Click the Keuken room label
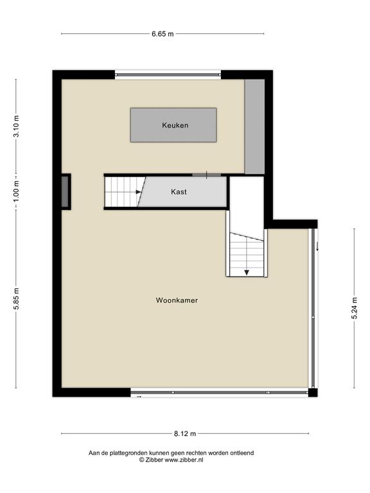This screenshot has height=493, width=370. pos(175,125)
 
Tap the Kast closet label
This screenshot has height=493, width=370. pos(179,192)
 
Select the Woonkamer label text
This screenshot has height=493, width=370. pos(177,300)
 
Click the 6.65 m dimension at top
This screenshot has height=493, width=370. pos(163,34)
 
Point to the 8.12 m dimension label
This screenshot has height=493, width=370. pos(185,434)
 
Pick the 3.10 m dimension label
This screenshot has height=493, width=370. pos(16,126)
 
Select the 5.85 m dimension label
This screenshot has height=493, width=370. pos(16,298)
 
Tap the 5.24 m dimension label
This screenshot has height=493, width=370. pos(355,308)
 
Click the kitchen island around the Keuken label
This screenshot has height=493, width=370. pos(173,125)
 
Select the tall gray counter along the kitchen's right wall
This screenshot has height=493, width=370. pos(254,126)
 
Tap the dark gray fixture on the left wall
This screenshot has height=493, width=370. pos(65,191)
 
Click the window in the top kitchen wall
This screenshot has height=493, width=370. pos(168,74)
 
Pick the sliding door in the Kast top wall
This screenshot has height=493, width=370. pos(206,175)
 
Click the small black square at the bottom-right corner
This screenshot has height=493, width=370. pos(313,393)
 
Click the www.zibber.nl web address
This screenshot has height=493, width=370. pos(184,460)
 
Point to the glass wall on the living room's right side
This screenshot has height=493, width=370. pos(313,308)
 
